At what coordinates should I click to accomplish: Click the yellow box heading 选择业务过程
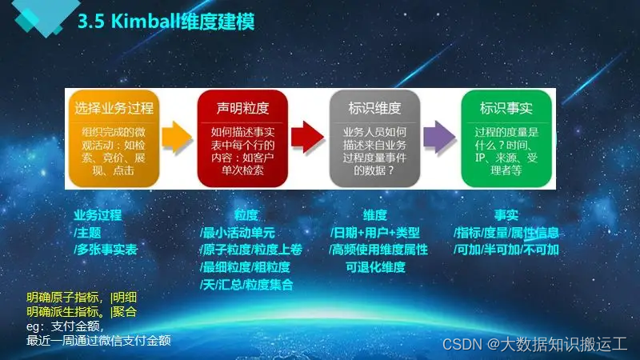114,107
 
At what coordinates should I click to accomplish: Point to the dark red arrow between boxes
306,136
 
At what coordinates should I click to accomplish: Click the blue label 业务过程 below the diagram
98,215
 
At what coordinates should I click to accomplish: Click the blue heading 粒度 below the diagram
246,215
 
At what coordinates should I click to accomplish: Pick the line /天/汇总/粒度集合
246,284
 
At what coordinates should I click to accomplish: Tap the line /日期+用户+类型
374,233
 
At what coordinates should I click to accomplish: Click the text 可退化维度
375,267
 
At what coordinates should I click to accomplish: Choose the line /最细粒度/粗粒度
245,267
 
